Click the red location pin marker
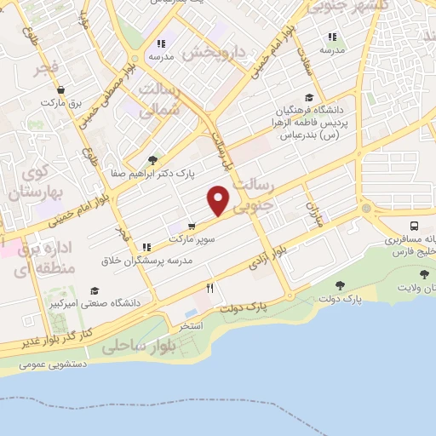pyautogui.click(x=219, y=201)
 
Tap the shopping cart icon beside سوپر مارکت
pyautogui.click(x=193, y=227)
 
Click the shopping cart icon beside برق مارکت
pyautogui.click(x=60, y=89)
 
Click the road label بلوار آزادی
pyautogui.click(x=265, y=258)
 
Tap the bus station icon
pyautogui.click(x=414, y=227)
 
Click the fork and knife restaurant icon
pyautogui.click(x=209, y=288)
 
